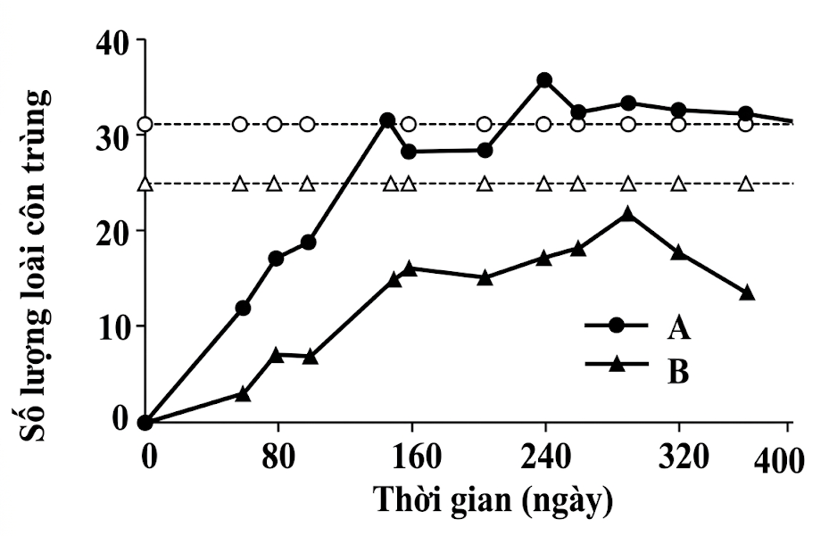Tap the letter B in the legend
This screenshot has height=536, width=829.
(x=678, y=371)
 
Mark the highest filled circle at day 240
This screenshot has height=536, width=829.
(x=544, y=80)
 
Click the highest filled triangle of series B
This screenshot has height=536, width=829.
(x=628, y=214)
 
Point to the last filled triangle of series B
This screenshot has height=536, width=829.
(x=747, y=293)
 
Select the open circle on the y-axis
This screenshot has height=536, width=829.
(x=145, y=124)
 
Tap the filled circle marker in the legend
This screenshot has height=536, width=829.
(x=615, y=326)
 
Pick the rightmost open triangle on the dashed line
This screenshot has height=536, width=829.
(x=747, y=185)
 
